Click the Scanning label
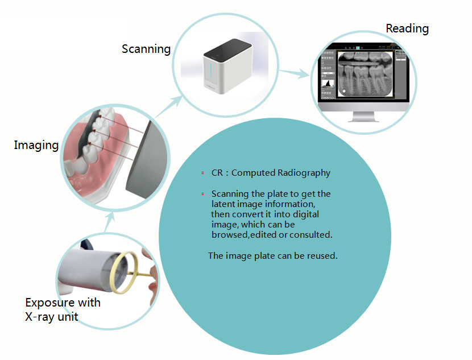146,49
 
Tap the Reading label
407,28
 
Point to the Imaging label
36,145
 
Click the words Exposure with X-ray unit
63,309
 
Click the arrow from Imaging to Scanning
165,108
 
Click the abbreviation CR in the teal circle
217,173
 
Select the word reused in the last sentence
322,256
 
